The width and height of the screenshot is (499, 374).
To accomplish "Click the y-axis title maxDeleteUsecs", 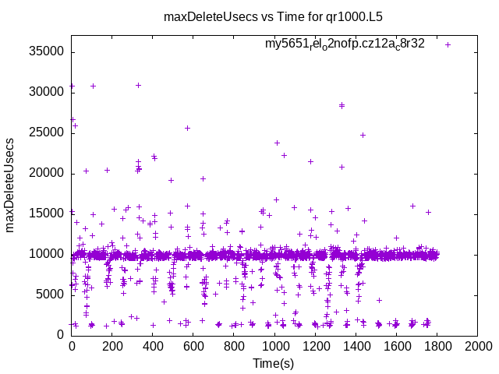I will pos(11,185).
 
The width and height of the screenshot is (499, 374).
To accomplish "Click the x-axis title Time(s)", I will pos(274,363).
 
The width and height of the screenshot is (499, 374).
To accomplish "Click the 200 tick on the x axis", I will pos(112,346).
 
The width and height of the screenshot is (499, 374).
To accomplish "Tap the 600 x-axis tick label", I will pos(193,346).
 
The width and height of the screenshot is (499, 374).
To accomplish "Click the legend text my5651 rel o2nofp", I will pos(344,44).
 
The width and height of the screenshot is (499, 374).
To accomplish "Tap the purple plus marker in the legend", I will pos(448,44).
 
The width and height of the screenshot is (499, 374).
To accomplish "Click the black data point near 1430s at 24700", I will pos(363,135).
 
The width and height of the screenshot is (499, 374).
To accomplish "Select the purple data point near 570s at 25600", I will pos(187,128).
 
